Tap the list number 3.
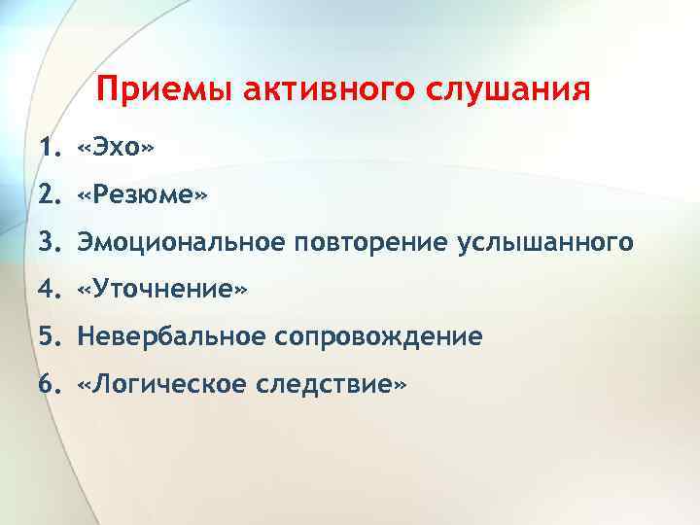coord(48,241)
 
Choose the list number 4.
coord(48,289)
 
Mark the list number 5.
coord(48,336)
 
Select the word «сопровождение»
coord(378,336)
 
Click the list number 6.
coord(48,384)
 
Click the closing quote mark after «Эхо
coord(148,148)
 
